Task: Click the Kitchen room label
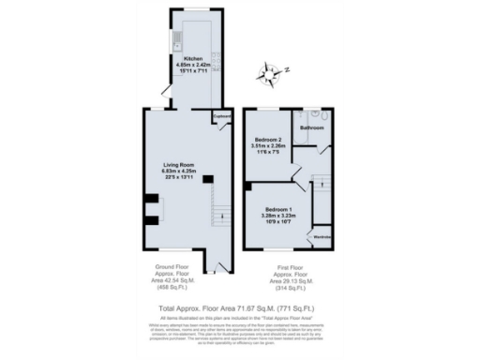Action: pyautogui.click(x=195, y=57)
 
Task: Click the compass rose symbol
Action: pyautogui.click(x=272, y=72)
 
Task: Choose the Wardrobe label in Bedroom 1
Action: pyautogui.click(x=320, y=236)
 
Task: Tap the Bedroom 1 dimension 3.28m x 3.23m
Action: pyautogui.click(x=279, y=215)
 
